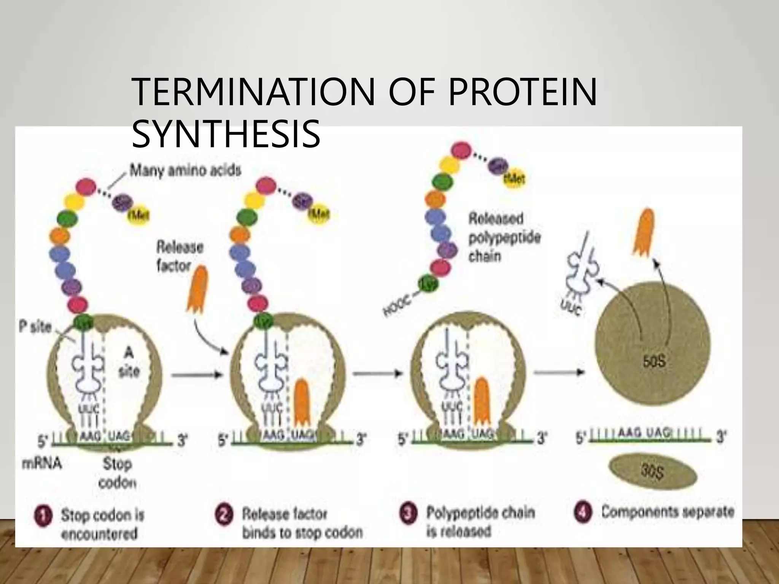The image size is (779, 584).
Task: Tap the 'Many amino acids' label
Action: pos(185,171)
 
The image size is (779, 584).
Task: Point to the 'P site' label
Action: pos(35,327)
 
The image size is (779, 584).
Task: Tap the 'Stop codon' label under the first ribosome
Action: pos(117,473)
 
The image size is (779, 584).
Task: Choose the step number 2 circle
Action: pos(224,517)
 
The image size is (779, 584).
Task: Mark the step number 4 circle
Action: pos(583,513)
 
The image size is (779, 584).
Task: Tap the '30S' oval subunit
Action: pos(653,473)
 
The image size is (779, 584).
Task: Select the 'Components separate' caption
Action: pos(667,512)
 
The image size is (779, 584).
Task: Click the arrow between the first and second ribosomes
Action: pos(196,375)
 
